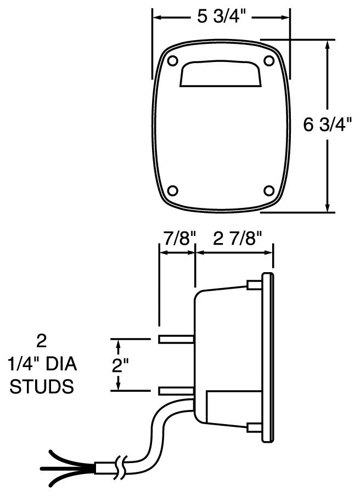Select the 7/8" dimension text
(177, 239)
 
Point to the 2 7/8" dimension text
(234, 239)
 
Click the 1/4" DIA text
(42, 364)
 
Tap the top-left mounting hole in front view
(172, 60)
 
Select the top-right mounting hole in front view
(268, 60)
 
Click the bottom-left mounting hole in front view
(172, 190)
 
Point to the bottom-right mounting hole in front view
(268, 190)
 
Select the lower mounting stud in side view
(176, 391)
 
